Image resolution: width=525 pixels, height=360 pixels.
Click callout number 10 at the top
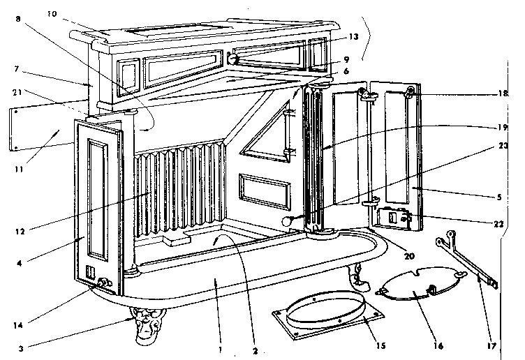tap(52, 14)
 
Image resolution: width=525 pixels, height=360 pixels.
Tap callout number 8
tap(17, 19)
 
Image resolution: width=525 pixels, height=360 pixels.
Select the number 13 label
tap(353, 37)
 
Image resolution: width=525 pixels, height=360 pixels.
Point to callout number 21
tap(17, 92)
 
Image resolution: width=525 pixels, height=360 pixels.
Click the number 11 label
tap(19, 170)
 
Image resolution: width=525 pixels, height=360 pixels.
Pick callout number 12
tap(20, 231)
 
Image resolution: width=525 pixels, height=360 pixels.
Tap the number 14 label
tap(18, 325)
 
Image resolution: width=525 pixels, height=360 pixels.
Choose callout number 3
tap(21, 349)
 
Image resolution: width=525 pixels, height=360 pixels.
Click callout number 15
tap(380, 345)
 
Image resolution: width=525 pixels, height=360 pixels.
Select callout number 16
tap(438, 345)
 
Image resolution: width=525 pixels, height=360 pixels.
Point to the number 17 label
tap(491, 345)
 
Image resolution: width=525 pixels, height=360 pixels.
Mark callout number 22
tap(499, 224)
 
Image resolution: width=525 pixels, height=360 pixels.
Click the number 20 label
tap(409, 256)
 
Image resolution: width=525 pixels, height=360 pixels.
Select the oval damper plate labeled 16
tap(421, 283)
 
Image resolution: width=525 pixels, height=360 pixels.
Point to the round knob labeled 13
tap(232, 59)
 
